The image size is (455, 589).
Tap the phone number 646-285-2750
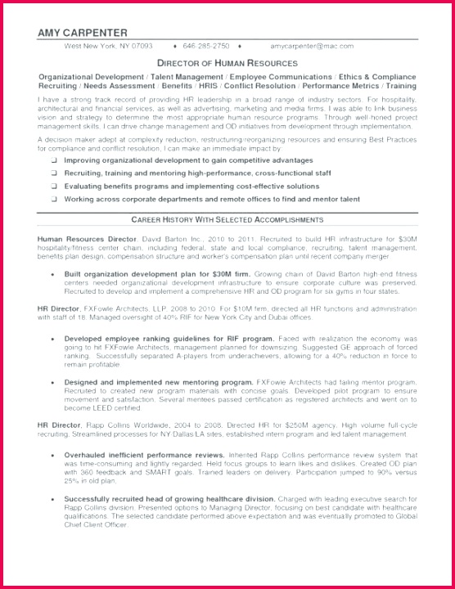point(206,47)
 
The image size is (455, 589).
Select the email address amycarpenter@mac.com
point(312,47)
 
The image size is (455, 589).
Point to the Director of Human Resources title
point(227,62)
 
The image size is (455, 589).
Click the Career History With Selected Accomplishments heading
point(227,220)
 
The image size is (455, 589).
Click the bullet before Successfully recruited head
point(53,497)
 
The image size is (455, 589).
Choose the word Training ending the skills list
point(401,85)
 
